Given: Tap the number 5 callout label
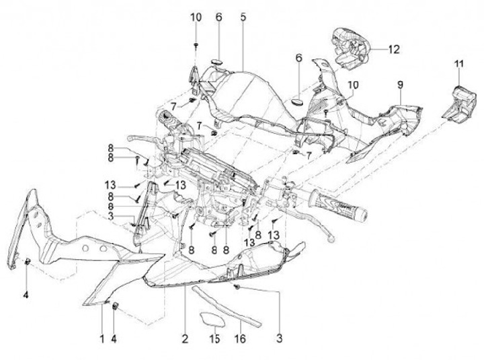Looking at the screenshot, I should [243, 16].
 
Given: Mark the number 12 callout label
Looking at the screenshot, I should [394, 48].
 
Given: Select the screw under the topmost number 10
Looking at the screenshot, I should [196, 44].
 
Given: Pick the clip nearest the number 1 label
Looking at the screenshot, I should [114, 307].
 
